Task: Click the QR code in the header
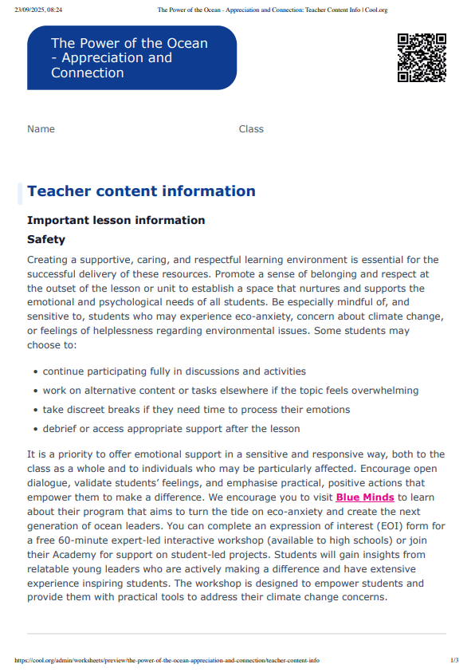coord(421,57)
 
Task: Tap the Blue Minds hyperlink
coord(365,497)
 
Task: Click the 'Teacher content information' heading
coord(141,191)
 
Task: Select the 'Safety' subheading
coord(46,239)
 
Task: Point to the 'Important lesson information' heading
coord(116,220)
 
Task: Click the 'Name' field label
coord(41,129)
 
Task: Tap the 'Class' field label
coord(251,129)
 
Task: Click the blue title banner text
coord(129,58)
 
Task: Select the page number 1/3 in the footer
coord(454,660)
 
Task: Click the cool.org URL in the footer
coord(167,660)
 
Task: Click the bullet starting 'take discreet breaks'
coord(196,410)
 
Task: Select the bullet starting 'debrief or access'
coord(171,429)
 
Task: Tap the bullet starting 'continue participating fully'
coord(174,371)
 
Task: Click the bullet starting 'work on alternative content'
coord(230,391)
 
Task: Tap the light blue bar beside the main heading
coord(20,192)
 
